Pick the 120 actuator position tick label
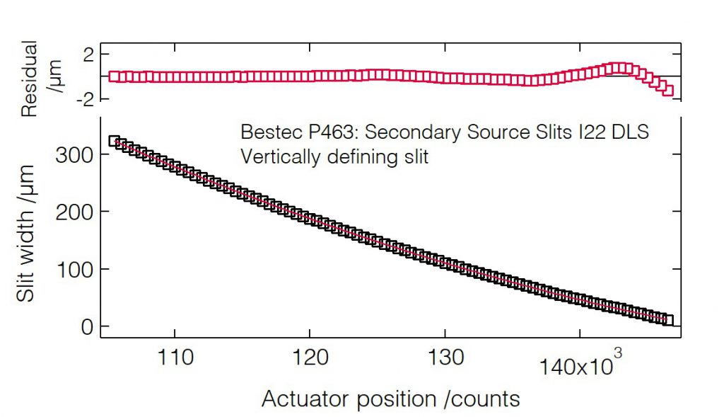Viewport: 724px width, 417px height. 309,358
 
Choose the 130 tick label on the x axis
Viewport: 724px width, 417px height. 445,358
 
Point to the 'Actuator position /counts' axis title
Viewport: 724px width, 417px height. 391,399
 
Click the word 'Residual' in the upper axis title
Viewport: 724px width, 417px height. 30,79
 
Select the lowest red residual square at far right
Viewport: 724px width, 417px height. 668,91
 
